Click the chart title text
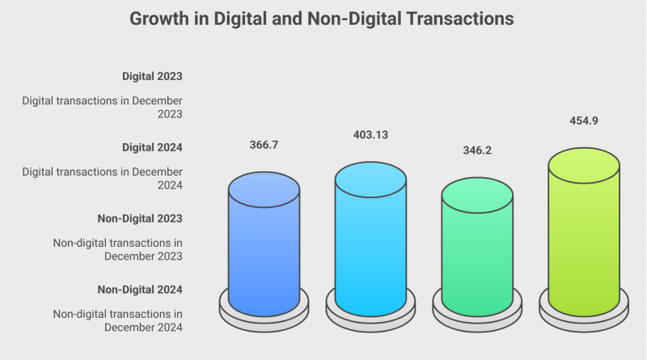tap(322, 19)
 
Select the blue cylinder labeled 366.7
tap(264, 251)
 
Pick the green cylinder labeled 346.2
tap(477, 255)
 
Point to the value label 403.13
tap(370, 134)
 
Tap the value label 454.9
tap(584, 121)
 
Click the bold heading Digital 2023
tap(152, 76)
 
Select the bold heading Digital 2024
tap(152, 147)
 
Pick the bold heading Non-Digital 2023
tap(140, 218)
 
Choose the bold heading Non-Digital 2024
tap(140, 290)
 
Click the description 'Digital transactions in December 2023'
tap(103, 108)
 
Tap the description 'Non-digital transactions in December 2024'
tap(118, 320)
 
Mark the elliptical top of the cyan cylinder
tap(370, 180)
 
